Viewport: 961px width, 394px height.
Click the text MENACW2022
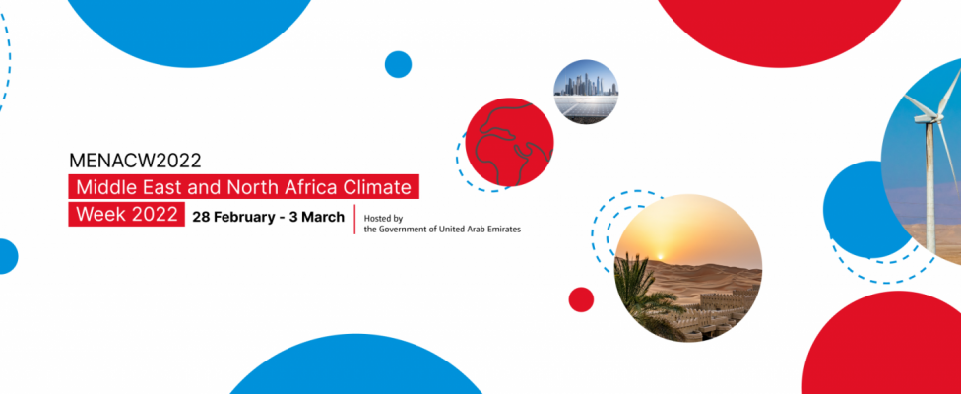(x=135, y=161)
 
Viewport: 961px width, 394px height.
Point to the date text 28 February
(x=230, y=217)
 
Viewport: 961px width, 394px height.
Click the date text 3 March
(x=317, y=217)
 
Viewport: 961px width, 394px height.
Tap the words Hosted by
(x=383, y=218)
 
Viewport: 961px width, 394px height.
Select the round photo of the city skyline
(x=586, y=92)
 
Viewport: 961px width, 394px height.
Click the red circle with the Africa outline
(x=509, y=142)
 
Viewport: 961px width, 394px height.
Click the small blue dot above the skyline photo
(x=399, y=64)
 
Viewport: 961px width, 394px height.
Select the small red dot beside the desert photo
(x=581, y=299)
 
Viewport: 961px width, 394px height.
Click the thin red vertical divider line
(x=354, y=220)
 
